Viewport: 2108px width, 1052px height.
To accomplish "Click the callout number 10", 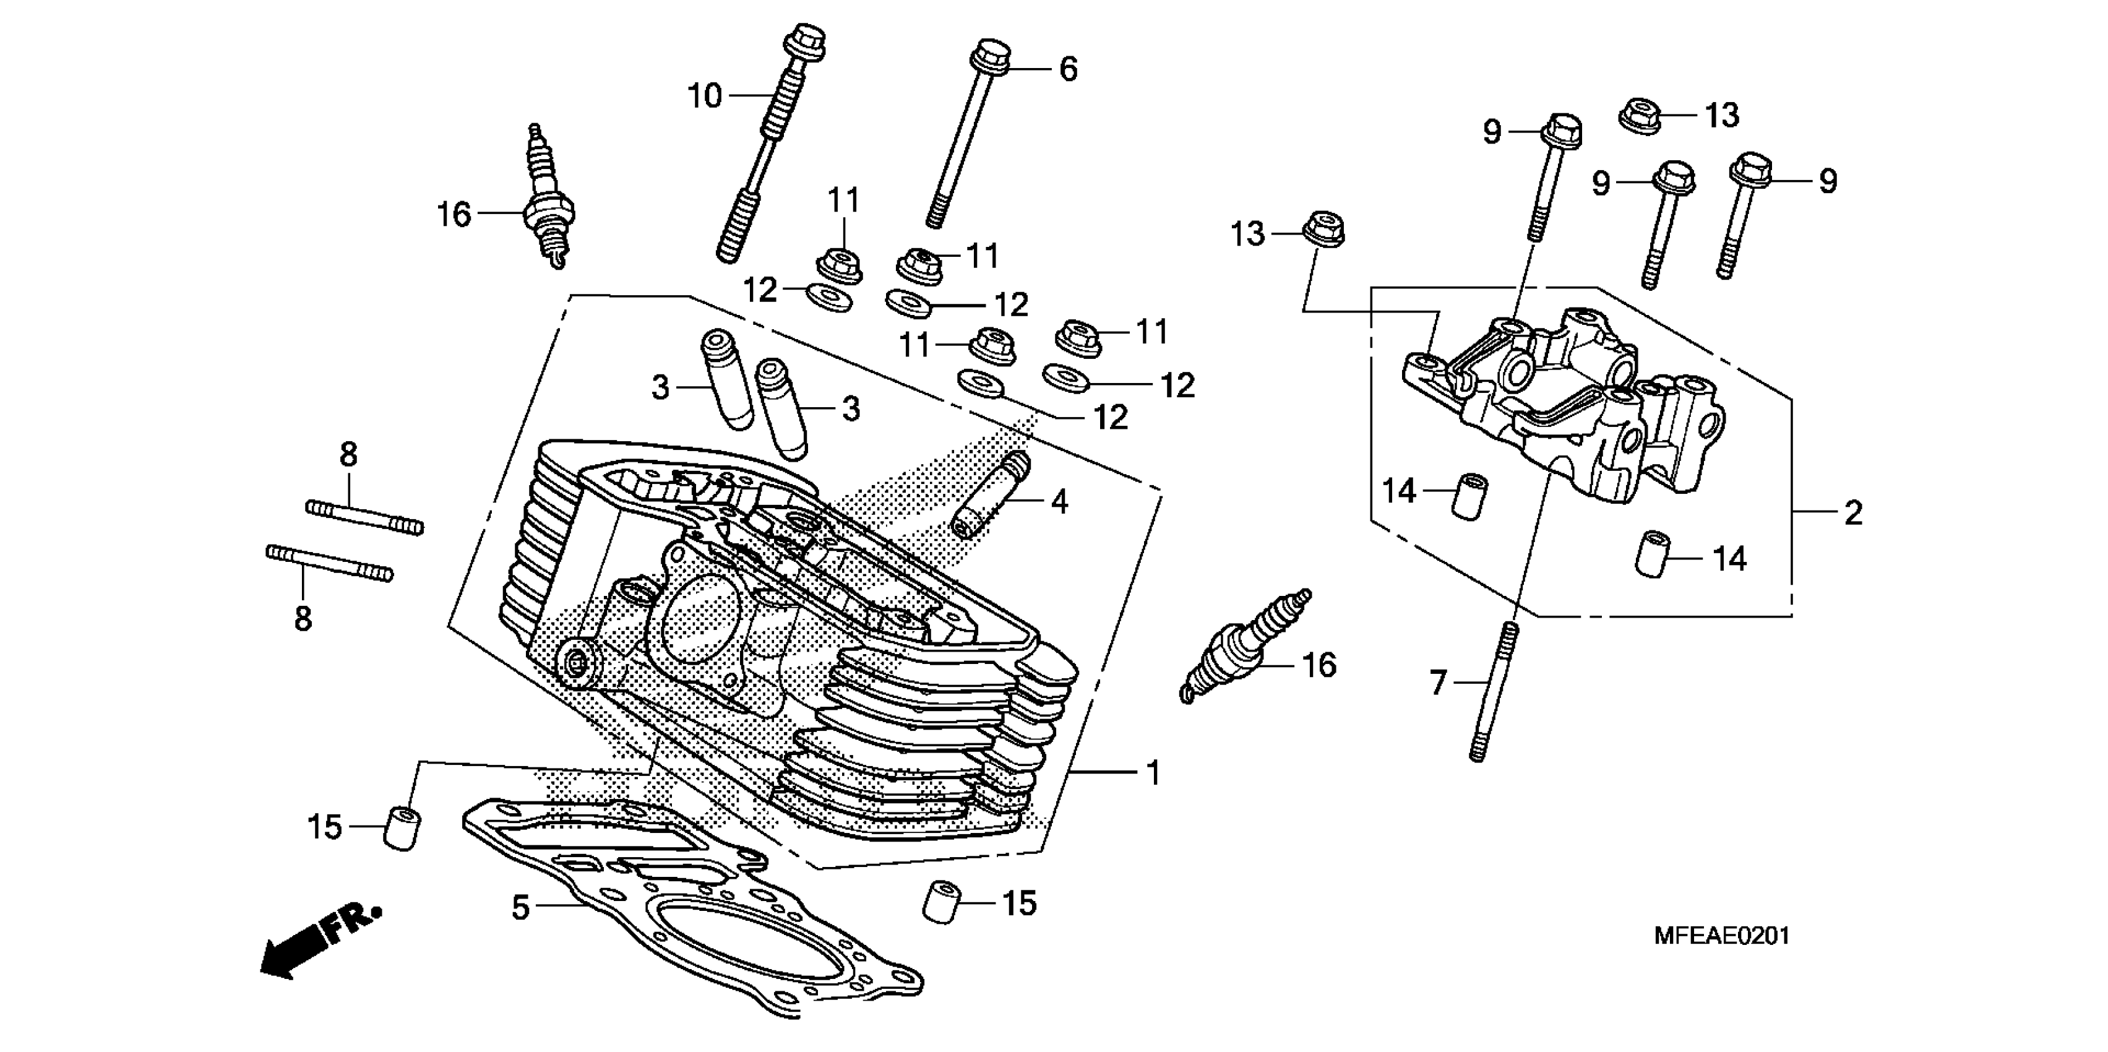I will pos(703,97).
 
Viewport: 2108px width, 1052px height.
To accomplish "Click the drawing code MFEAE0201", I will pos(1722,936).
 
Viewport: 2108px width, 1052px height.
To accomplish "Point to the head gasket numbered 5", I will pos(695,908).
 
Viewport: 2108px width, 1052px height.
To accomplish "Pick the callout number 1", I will pos(1153,773).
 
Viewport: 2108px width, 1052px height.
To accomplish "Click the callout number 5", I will pos(520,907).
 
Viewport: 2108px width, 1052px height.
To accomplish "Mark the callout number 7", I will pos(1439,682).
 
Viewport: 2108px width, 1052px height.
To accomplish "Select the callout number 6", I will pos(1068,69).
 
